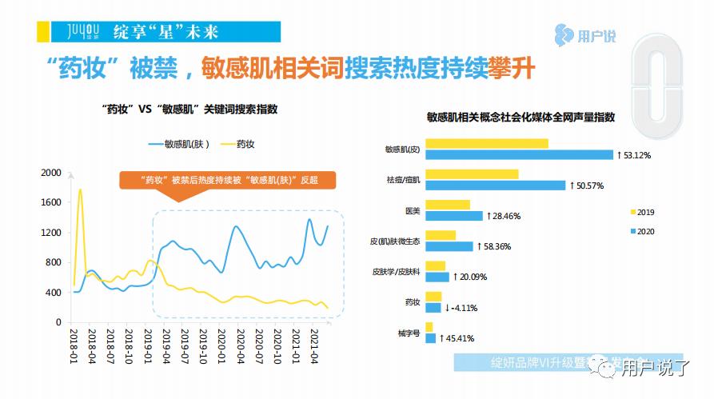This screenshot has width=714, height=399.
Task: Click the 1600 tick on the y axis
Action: tap(50, 202)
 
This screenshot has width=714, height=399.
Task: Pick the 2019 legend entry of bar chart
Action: tap(644, 212)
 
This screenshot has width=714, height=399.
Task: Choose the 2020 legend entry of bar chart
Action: tap(644, 231)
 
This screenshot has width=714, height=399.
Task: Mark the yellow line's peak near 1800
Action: tap(80, 190)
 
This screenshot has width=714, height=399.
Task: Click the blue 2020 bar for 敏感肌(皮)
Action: tap(519, 155)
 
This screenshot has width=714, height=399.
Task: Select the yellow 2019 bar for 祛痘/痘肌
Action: tap(472, 174)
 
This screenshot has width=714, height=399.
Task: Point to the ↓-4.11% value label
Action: tap(464, 307)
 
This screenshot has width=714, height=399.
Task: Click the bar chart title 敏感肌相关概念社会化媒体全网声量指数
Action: tap(521, 117)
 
